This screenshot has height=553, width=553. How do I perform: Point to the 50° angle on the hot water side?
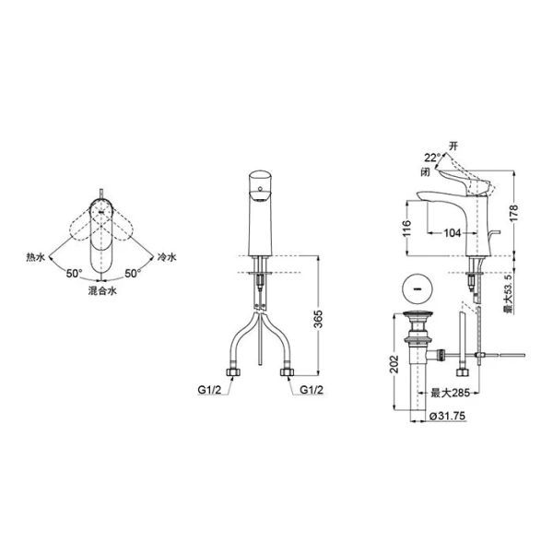pos(75,274)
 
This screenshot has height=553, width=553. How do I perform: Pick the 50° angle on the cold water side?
pos(133,274)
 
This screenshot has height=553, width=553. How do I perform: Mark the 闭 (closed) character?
pos(425,171)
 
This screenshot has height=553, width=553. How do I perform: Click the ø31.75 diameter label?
pos(447,417)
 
